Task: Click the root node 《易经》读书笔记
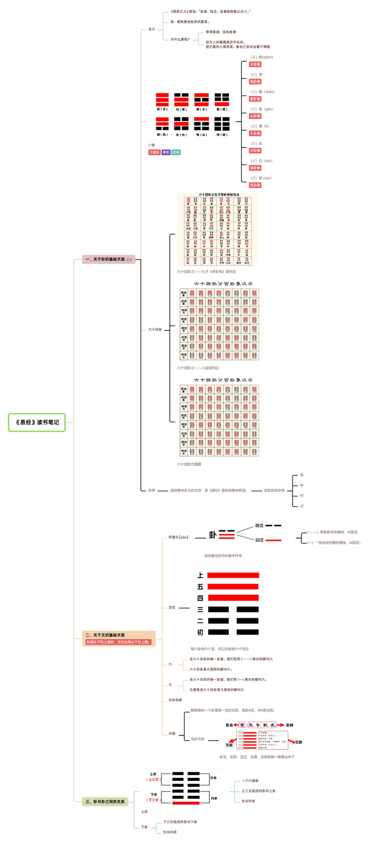(37, 422)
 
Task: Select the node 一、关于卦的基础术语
(105, 259)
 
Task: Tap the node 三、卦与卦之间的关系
(105, 801)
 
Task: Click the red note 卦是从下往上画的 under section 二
(118, 642)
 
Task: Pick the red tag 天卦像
(255, 64)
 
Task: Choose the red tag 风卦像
(255, 185)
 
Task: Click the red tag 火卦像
(255, 133)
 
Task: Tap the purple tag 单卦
(166, 152)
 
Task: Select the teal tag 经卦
(176, 152)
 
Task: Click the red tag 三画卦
(154, 152)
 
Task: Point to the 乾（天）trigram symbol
(163, 99)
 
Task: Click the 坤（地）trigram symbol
(222, 124)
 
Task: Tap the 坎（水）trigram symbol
(181, 124)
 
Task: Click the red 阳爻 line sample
(273, 540)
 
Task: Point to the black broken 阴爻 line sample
(273, 526)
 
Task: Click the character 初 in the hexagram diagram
(200, 632)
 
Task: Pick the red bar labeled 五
(233, 586)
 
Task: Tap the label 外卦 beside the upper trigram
(213, 778)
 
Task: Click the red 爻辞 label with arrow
(298, 742)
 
